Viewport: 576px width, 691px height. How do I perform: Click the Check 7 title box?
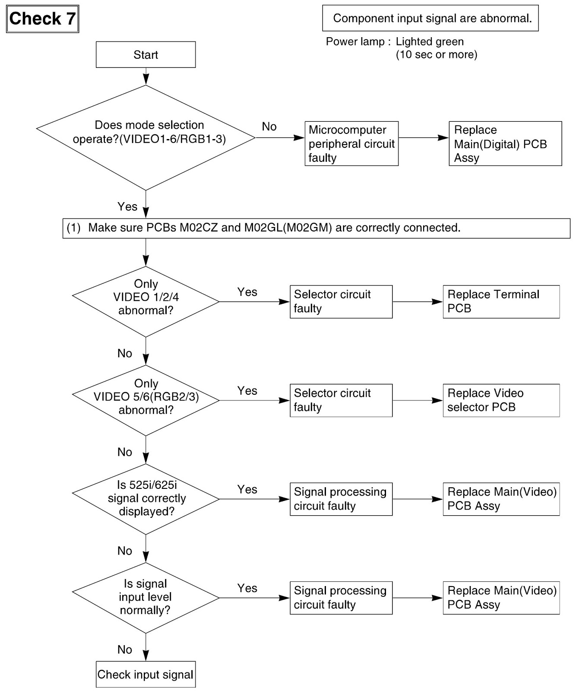coord(42,19)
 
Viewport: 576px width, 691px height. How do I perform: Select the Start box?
coord(146,54)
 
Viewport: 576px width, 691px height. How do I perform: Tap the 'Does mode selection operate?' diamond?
coord(146,138)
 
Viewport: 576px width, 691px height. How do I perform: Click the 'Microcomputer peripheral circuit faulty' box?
coord(351,143)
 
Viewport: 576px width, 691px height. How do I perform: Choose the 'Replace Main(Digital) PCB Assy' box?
coord(505,143)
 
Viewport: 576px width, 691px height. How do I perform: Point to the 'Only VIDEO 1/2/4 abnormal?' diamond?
coord(146,301)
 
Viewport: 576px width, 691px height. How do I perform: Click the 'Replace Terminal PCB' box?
coord(501,301)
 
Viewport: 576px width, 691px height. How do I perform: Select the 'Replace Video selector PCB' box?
coord(501,400)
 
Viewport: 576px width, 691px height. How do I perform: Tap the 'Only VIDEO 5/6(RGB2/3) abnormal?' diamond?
coord(146,400)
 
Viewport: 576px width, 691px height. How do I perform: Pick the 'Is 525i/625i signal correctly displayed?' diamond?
coord(146,499)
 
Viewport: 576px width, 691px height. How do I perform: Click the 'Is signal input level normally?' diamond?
coord(146,598)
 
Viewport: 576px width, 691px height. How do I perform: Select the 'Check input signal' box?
coord(146,674)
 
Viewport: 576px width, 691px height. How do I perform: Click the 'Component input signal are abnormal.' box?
coord(430,18)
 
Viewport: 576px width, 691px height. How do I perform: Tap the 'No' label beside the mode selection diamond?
coord(269,127)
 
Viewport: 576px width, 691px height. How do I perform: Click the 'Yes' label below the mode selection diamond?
coord(127,206)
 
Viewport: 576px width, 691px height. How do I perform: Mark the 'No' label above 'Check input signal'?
coord(125,650)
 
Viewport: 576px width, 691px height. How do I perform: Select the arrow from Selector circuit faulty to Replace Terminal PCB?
coord(418,301)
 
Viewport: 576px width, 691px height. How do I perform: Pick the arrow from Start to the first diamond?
coord(146,76)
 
